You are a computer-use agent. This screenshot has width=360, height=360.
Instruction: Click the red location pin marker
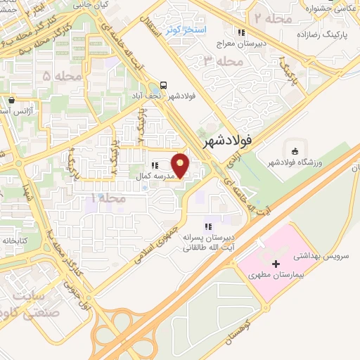coord(181,166)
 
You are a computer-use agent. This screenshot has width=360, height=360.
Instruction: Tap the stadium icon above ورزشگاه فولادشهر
coord(294,150)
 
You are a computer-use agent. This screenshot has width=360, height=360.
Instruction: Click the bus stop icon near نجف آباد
coord(164,81)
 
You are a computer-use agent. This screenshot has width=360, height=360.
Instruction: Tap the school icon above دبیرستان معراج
coord(242,32)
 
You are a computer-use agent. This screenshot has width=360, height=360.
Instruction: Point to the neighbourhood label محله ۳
coord(219,62)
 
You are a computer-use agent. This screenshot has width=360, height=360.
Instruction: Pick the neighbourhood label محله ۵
coord(56,75)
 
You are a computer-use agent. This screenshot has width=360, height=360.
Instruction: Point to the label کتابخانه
coord(15,240)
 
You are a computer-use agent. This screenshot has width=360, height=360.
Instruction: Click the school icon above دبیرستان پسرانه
coord(207,226)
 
